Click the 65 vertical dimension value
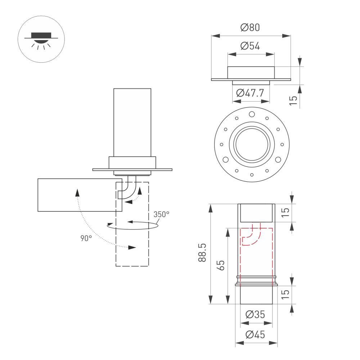point(221,265)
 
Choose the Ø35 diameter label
point(255,315)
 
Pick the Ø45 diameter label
point(255,335)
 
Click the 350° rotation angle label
point(161,215)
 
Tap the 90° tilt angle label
point(86,238)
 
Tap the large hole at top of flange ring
point(252,114)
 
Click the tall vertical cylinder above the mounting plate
point(132,122)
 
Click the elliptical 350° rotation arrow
point(133,226)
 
